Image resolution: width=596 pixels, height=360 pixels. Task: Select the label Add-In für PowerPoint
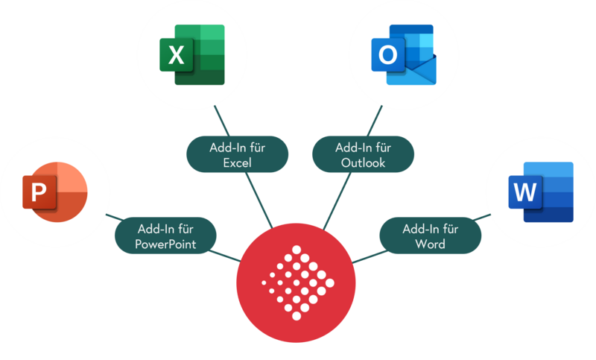point(165,235)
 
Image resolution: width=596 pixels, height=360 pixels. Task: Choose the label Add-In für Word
point(430,235)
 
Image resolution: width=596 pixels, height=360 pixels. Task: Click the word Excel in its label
point(237,162)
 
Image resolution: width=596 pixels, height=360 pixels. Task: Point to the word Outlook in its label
point(361,162)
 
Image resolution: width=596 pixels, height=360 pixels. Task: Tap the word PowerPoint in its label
point(165,244)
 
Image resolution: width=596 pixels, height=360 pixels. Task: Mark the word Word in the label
point(430,244)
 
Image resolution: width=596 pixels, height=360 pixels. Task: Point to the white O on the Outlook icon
point(387,54)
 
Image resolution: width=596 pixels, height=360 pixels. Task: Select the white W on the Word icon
point(524,193)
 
